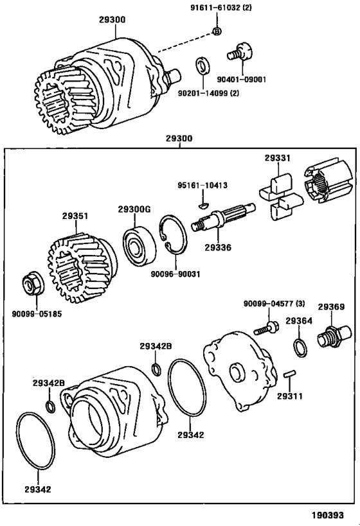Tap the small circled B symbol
tap(217, 31)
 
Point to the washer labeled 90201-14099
tap(203, 67)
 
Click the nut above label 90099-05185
tap(30, 283)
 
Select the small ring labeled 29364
tap(299, 346)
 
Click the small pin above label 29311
tap(288, 374)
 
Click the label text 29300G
tap(134, 209)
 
